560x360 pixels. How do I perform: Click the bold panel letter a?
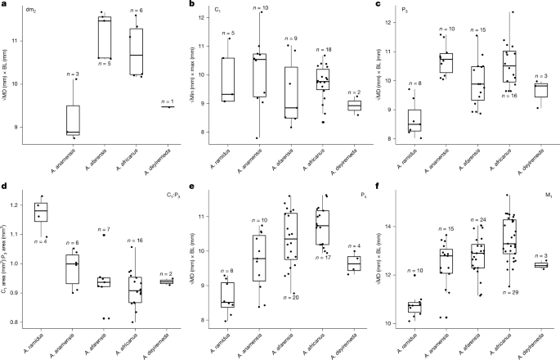tap(5, 5)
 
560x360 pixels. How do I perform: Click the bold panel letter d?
tap(5, 187)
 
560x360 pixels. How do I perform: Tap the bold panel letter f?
tap(380, 187)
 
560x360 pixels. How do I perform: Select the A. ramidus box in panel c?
tap(415, 119)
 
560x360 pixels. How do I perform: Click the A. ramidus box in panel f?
tap(414, 308)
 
